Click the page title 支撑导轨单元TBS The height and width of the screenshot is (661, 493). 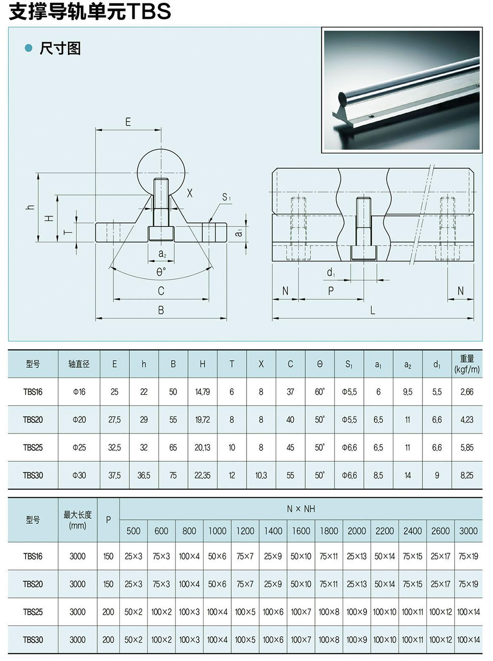point(90,12)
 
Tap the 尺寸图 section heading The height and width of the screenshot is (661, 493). point(60,48)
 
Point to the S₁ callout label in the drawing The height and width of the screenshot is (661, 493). point(226,197)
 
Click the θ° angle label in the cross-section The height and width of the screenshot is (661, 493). point(161,272)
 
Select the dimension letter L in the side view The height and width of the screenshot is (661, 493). point(373,310)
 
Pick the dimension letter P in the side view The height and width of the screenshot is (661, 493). point(331,291)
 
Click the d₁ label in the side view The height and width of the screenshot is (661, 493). point(331,272)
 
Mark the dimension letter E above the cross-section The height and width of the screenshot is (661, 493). point(128,122)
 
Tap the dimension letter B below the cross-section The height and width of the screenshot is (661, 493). point(161,311)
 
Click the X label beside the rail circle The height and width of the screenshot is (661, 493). point(190,193)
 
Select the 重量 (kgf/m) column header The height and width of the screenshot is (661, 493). point(466,364)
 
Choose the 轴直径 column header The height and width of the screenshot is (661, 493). point(79,364)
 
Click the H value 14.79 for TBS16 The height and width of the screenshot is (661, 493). point(202,392)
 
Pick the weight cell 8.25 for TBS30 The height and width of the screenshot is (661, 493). point(466,475)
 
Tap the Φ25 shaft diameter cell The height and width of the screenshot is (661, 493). point(79,447)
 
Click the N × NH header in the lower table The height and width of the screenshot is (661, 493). point(301,509)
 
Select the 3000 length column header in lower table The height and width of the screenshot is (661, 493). point(468,531)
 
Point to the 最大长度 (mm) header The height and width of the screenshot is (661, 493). point(77,520)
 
